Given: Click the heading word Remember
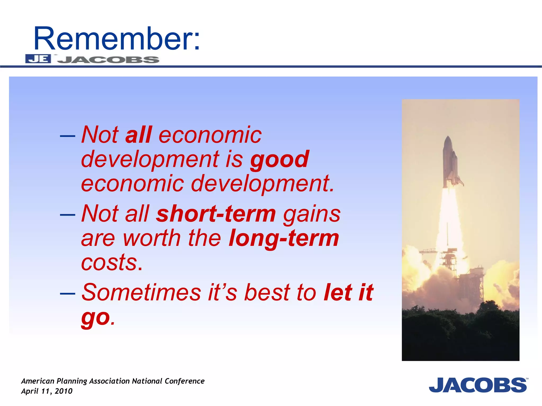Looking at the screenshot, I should coord(116,39).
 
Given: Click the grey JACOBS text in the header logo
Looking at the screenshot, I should coord(108,60).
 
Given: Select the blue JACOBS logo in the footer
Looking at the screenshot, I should coord(478,385).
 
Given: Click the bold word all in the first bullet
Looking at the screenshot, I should coord(139,135).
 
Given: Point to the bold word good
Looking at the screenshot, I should coord(280,159).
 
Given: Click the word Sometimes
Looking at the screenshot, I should coord(141,292).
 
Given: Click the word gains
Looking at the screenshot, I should coord(312,214).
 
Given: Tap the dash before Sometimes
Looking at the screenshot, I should coord(67,293).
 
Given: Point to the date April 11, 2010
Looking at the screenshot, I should coord(47,391).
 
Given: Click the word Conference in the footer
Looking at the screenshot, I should coord(184,381).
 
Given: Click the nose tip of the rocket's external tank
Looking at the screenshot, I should coord(448,137).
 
